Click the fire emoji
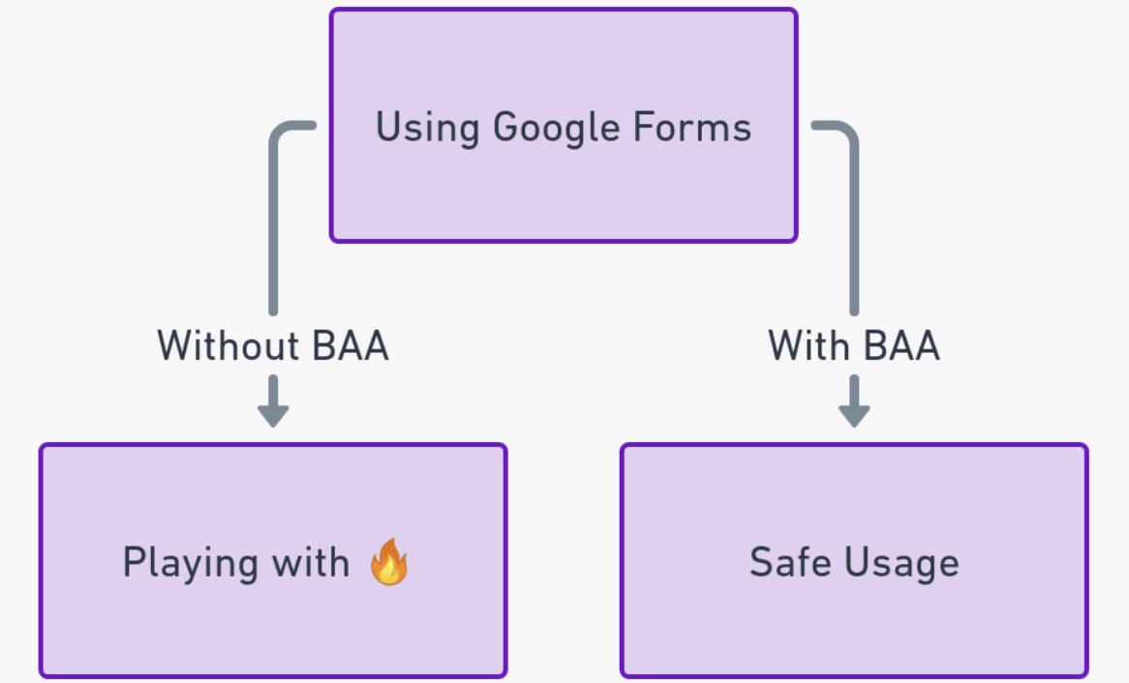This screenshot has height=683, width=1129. coord(389,561)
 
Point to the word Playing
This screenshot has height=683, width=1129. coord(191,563)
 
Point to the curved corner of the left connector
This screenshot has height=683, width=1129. coord(280,133)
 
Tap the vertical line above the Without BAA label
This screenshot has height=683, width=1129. coord(273,232)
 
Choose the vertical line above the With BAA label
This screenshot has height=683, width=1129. coord(853,232)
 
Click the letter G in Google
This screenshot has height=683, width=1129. coord(506,128)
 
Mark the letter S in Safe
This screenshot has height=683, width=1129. coord(762,562)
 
